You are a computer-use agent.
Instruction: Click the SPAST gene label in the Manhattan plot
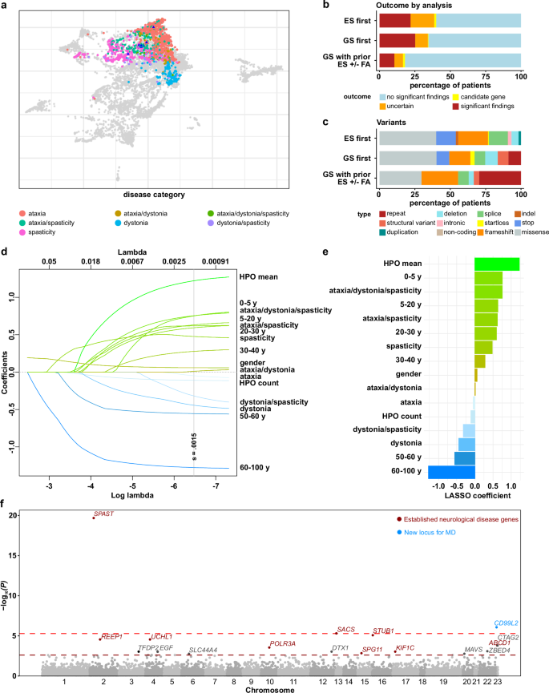[x=104, y=514]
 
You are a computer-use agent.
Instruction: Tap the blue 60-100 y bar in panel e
[x=451, y=472]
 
